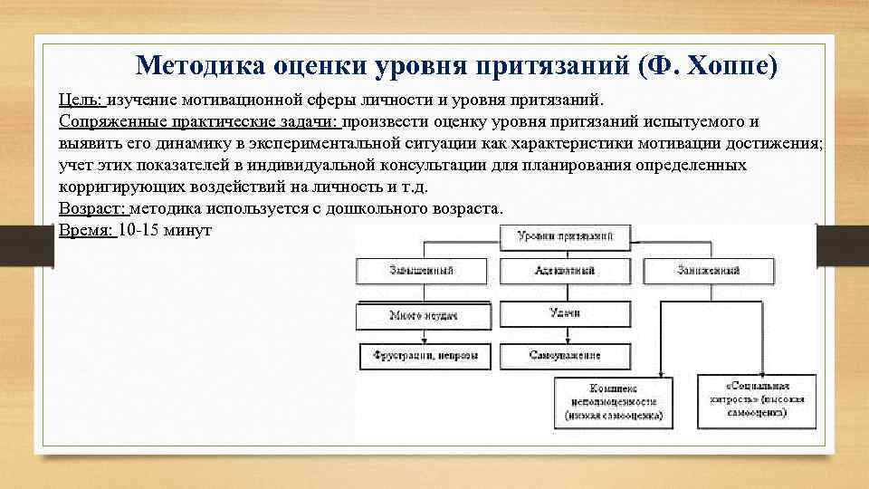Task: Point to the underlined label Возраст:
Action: [94, 208]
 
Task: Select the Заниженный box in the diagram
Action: [708, 270]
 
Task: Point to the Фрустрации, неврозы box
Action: [425, 356]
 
